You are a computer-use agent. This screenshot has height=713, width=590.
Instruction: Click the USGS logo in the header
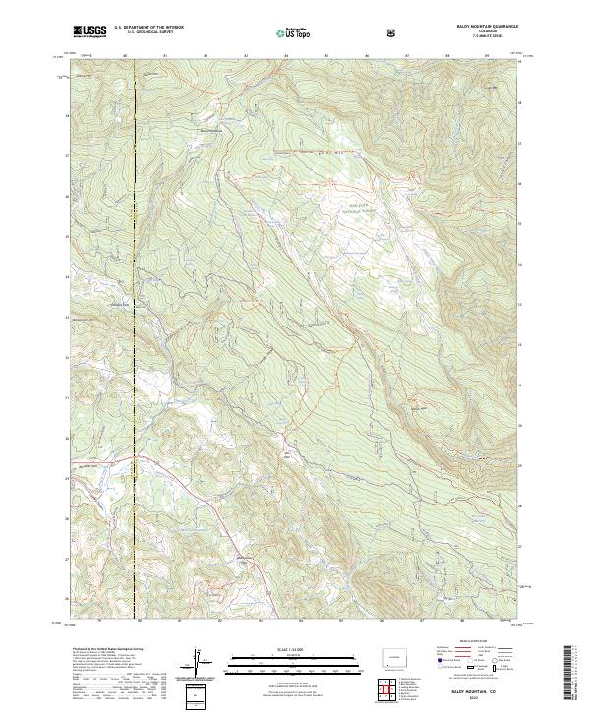click(89, 31)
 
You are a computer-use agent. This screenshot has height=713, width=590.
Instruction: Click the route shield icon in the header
click(392, 32)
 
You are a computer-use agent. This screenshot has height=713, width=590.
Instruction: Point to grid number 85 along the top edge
click(325, 56)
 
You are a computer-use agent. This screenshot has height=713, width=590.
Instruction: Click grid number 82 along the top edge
click(205, 56)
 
